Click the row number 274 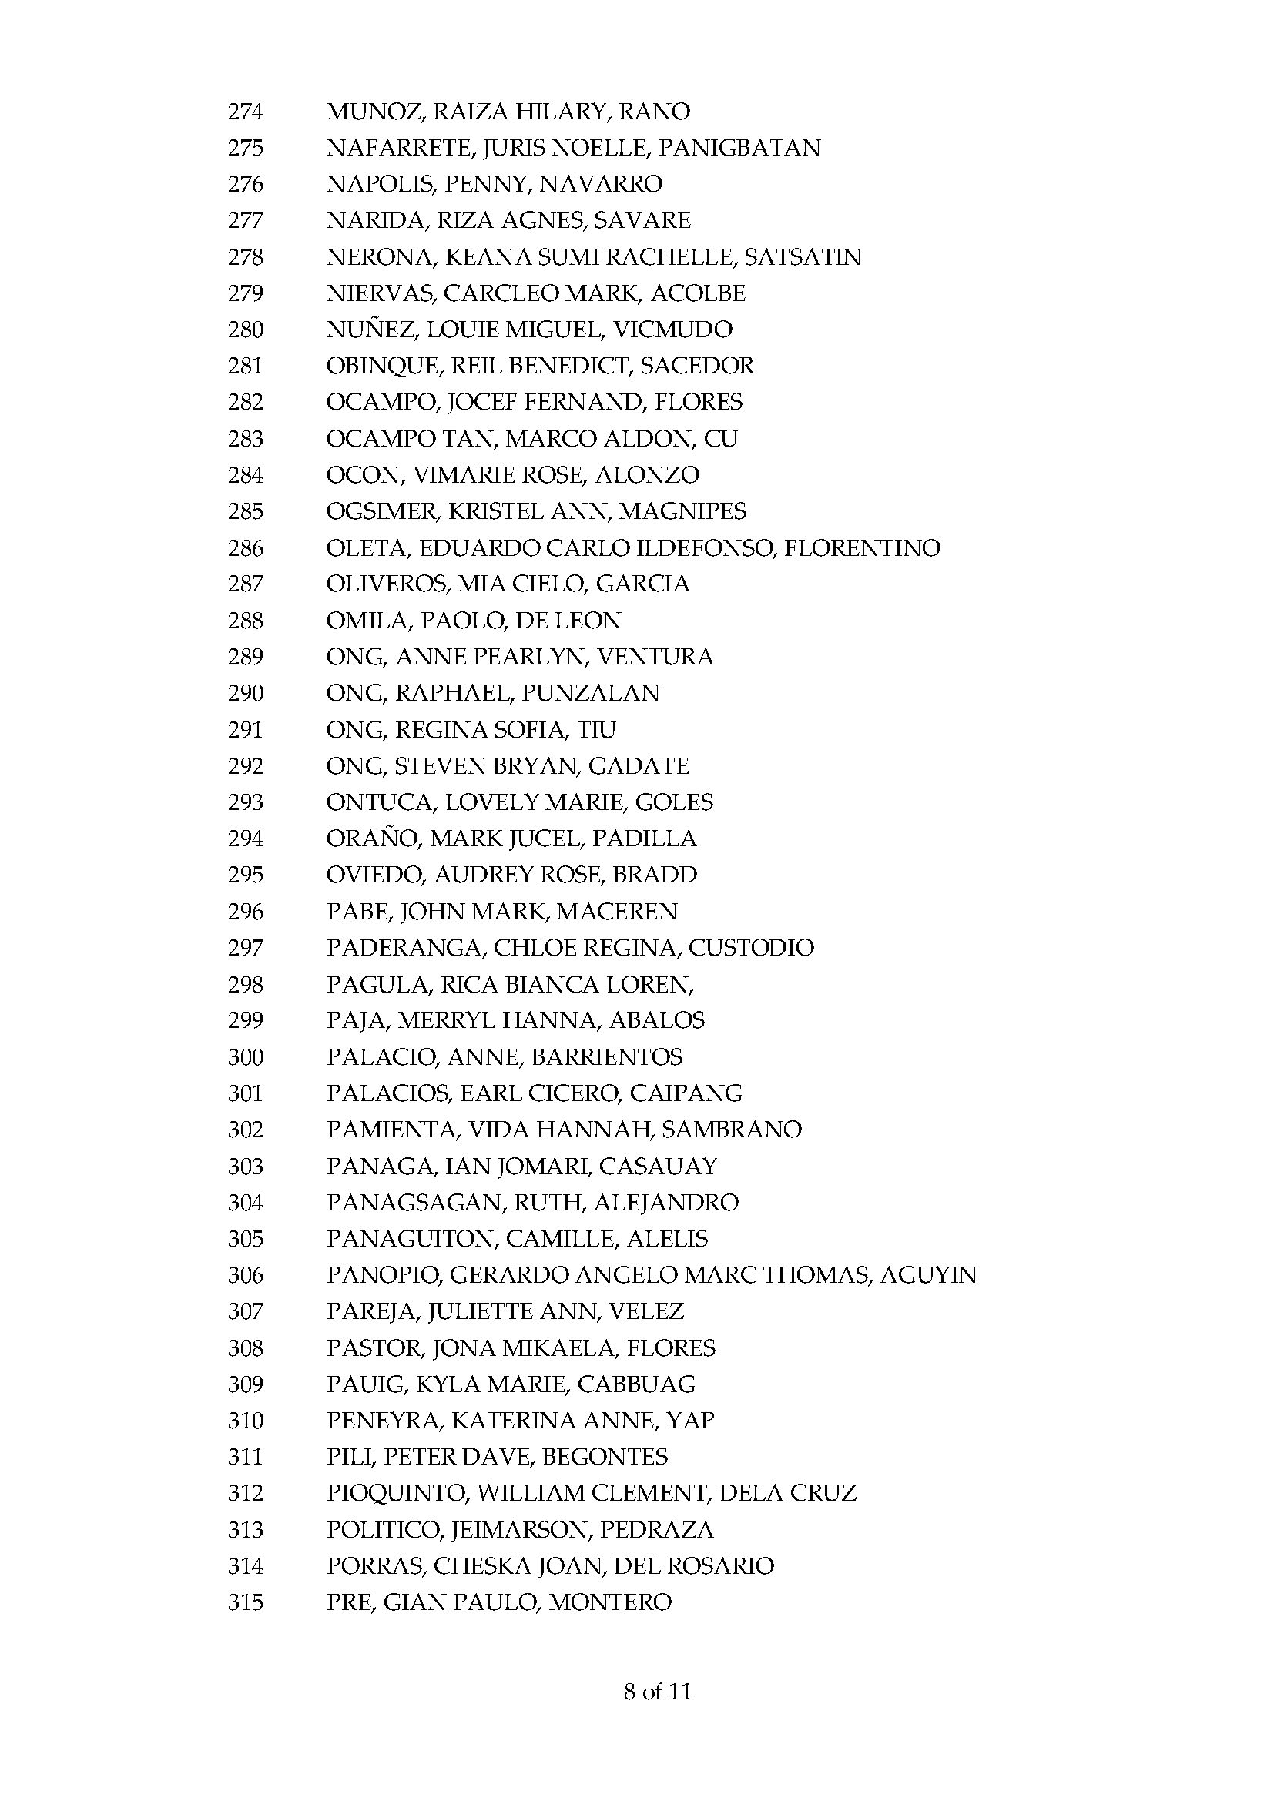coord(245,112)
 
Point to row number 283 coord(245,438)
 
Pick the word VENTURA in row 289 coord(655,657)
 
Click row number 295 coord(245,875)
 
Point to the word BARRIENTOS coord(606,1057)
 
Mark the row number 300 coord(245,1057)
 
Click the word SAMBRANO coord(731,1130)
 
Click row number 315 coord(245,1602)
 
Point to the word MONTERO coord(609,1602)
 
